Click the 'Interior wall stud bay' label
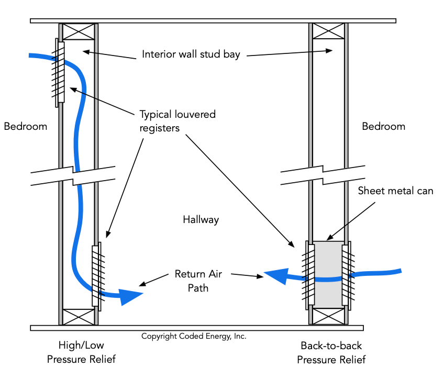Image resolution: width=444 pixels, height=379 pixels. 191,54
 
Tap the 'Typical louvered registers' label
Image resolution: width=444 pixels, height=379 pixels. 177,120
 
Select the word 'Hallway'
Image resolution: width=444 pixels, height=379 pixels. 201,220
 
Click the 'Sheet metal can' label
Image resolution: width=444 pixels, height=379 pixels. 395,191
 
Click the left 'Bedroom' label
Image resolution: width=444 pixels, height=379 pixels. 25,126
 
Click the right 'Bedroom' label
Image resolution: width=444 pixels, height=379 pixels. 383,126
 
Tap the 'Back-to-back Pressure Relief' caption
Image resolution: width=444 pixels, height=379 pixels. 331,352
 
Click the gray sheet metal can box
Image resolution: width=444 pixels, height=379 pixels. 328,274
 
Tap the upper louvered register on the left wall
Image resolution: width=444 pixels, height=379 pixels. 60,72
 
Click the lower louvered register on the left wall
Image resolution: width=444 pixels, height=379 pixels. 96,275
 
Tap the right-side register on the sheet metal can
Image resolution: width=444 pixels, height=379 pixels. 347,274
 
